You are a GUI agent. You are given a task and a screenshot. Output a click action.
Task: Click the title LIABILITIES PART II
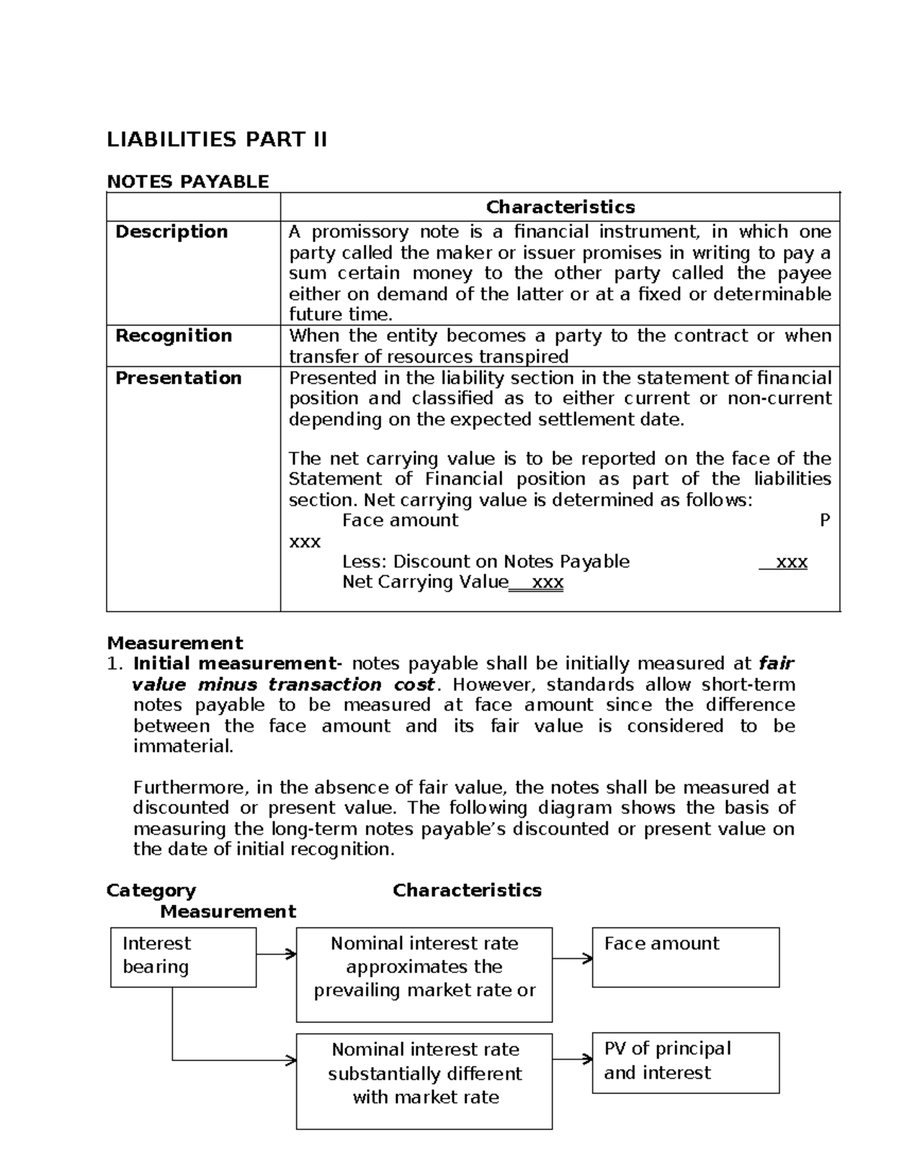tap(216, 140)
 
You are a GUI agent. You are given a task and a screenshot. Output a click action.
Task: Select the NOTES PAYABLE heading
tap(187, 181)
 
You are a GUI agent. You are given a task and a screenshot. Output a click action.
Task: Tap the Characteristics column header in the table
tap(560, 207)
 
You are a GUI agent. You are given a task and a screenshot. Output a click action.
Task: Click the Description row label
tap(171, 231)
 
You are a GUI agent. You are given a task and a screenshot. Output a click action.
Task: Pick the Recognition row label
tap(174, 335)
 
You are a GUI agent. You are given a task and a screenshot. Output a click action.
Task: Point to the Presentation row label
tap(178, 377)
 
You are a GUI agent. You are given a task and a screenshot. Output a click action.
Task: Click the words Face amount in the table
tap(400, 520)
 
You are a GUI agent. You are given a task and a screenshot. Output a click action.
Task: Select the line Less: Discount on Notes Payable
tap(486, 561)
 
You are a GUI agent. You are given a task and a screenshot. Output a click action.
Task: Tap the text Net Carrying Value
tap(425, 582)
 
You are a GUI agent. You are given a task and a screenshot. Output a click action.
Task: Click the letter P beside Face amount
tap(825, 520)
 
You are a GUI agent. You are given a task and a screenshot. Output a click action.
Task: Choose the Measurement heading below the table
tap(174, 642)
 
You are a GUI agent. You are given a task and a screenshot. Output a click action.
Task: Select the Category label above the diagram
tap(151, 890)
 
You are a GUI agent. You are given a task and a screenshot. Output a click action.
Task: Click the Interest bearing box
tap(183, 957)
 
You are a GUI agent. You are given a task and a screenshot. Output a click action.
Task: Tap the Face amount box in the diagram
tap(685, 957)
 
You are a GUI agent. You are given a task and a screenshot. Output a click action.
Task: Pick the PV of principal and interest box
tap(685, 1062)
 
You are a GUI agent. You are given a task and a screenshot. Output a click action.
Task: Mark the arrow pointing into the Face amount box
tap(573, 958)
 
